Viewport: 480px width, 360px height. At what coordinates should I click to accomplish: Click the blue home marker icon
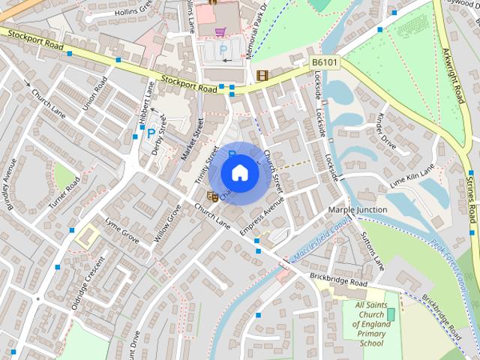click(239, 173)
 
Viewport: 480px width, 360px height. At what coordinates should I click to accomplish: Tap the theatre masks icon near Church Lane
click(212, 196)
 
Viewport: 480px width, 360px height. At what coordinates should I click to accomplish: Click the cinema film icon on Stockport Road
click(262, 75)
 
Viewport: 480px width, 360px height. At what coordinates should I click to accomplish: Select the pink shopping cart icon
click(220, 31)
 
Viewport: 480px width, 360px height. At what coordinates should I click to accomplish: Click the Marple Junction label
click(358, 210)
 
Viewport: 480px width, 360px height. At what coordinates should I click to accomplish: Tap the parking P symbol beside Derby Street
click(151, 133)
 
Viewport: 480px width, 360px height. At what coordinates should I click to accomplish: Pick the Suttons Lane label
click(373, 250)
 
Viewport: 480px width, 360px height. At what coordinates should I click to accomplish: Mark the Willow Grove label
click(168, 222)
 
